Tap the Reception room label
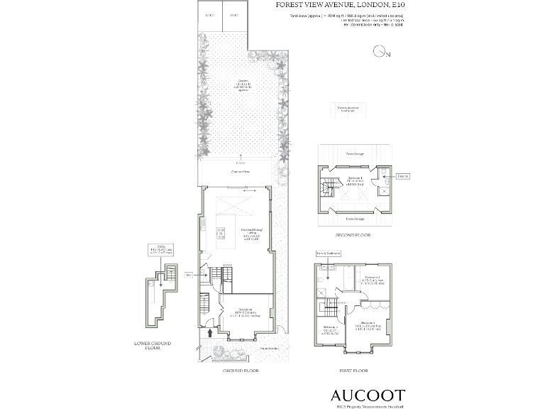click(246, 313)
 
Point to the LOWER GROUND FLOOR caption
click(153, 346)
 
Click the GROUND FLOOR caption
click(240, 371)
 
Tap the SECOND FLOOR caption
click(353, 234)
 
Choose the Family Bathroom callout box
click(328, 253)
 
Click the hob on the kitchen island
click(221, 232)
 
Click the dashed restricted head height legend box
click(348, 109)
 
